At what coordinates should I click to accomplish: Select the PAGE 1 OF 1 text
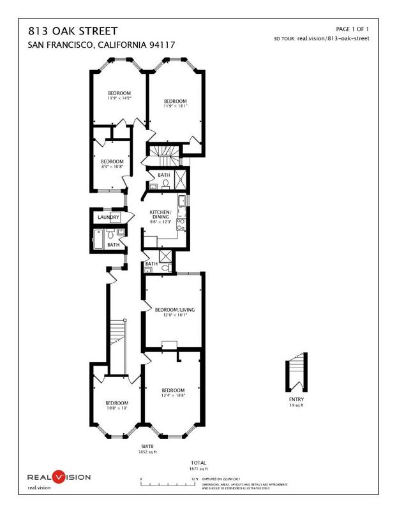352,29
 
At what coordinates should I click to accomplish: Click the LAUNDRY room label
109,218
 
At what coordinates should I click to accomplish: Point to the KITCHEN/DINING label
160,214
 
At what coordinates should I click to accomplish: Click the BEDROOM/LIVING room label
174,310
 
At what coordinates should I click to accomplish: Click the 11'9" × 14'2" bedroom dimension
119,99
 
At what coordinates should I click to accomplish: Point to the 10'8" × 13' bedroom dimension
117,408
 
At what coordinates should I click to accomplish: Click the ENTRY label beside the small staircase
296,400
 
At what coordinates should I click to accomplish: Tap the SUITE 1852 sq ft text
147,449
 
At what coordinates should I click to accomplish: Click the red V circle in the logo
59,477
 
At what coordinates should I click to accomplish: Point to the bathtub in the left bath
99,240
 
